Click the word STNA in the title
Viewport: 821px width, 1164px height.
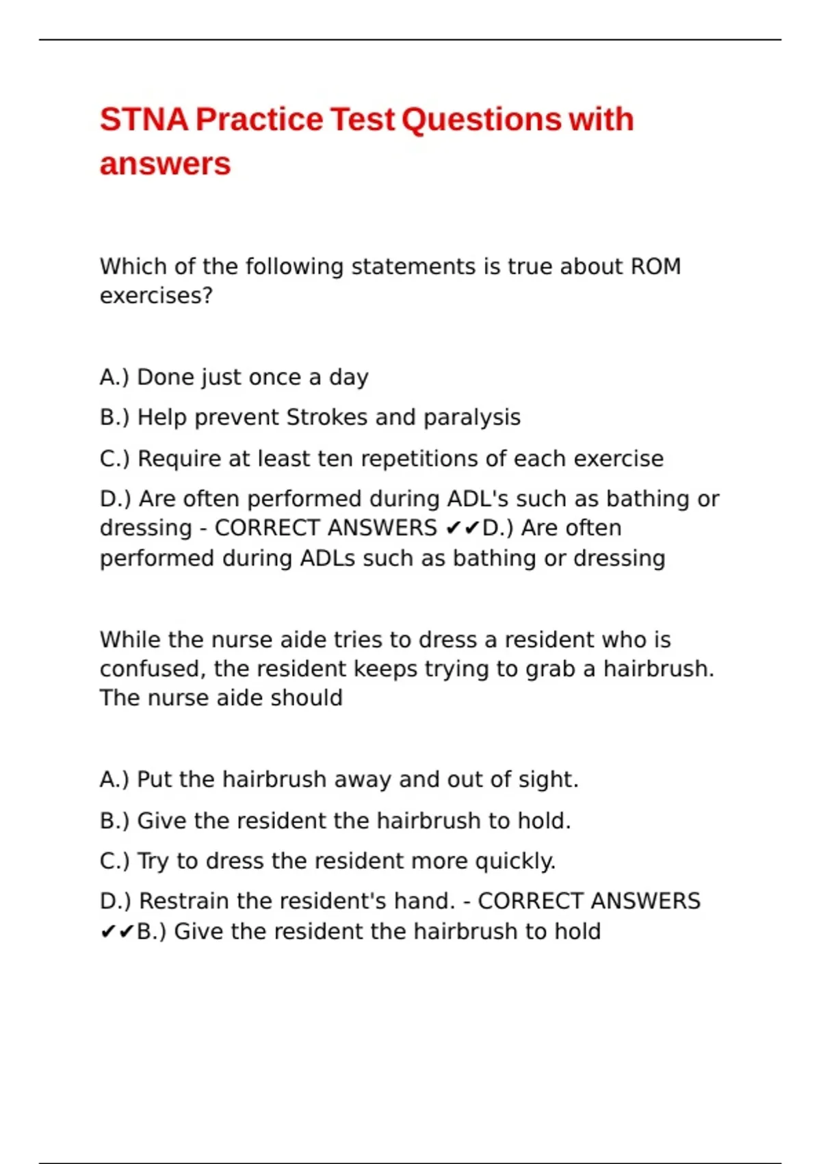click(x=144, y=120)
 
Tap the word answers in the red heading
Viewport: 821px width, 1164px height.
click(x=165, y=164)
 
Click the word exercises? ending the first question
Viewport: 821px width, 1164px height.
click(x=156, y=296)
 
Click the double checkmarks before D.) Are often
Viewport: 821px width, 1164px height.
click(x=462, y=529)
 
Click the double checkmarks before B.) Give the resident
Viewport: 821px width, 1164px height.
click(x=117, y=932)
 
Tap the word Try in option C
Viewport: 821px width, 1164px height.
click(x=153, y=861)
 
